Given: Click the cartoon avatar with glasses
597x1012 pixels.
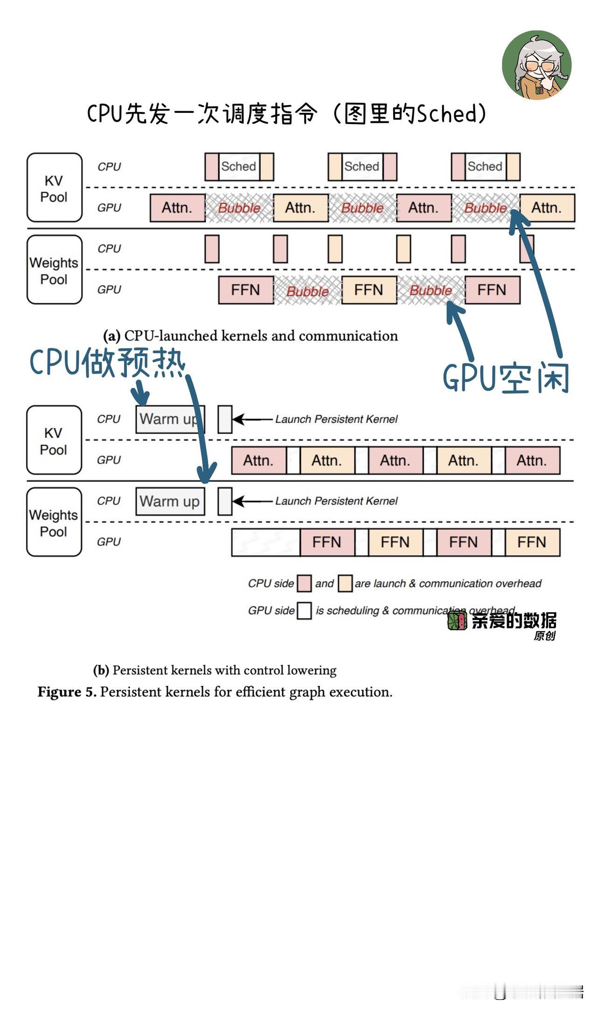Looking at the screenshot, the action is pyautogui.click(x=537, y=65).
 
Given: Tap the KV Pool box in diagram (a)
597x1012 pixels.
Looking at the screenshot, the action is pyautogui.click(x=55, y=188).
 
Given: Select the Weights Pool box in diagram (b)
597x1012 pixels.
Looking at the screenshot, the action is pyautogui.click(x=54, y=522).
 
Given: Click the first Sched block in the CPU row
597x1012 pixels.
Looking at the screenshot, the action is pyautogui.click(x=239, y=167).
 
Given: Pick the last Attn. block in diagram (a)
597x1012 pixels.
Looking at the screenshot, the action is pyautogui.click(x=547, y=208).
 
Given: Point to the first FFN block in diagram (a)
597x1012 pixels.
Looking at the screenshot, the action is pyautogui.click(x=246, y=290).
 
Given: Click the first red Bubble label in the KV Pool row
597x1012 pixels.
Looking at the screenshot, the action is pyautogui.click(x=239, y=208).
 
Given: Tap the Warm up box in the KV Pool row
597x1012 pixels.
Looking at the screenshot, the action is pyautogui.click(x=170, y=419).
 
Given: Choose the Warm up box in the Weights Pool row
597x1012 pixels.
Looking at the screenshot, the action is pyautogui.click(x=170, y=502).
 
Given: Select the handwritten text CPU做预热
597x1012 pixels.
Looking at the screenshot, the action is pyautogui.click(x=108, y=363).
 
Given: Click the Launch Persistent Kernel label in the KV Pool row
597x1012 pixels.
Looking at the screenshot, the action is pyautogui.click(x=336, y=419).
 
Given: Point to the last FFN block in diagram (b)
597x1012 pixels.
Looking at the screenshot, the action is pyautogui.click(x=532, y=542).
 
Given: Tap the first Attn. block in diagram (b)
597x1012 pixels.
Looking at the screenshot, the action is pyautogui.click(x=259, y=461).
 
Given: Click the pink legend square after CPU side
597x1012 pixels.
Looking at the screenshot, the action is pyautogui.click(x=305, y=583).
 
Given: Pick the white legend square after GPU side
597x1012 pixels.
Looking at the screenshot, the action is pyautogui.click(x=305, y=611).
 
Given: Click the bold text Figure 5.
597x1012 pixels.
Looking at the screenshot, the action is pyautogui.click(x=67, y=692).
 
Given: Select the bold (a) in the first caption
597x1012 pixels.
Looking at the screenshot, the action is pyautogui.click(x=112, y=336).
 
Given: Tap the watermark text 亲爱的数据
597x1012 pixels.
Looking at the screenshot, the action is pyautogui.click(x=514, y=621).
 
